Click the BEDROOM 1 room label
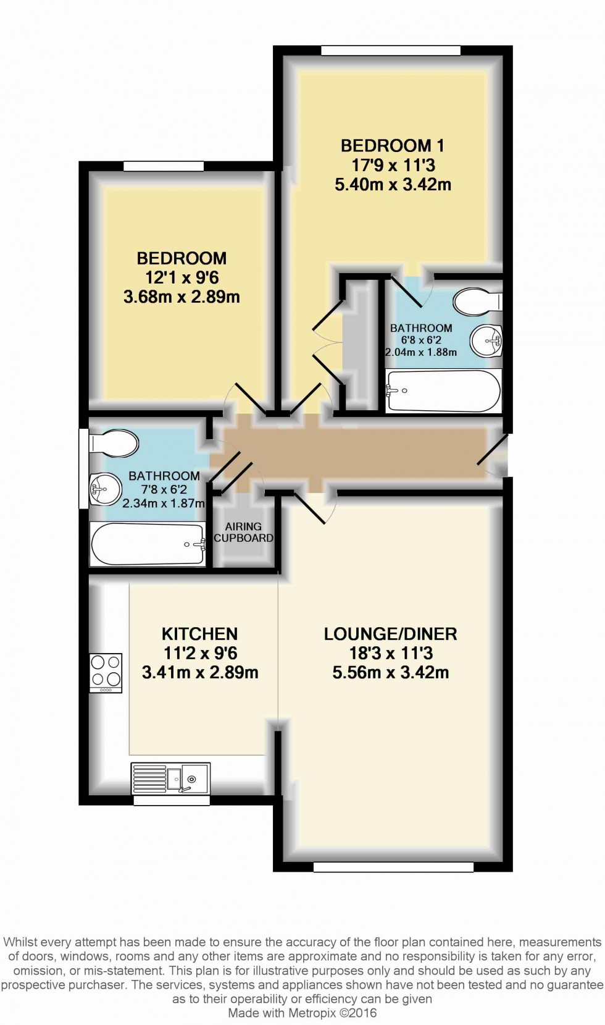click(x=393, y=146)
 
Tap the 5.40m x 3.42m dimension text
click(x=393, y=184)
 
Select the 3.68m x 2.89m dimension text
click(x=181, y=297)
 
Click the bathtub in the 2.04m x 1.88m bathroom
click(x=444, y=391)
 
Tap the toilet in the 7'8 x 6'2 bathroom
click(x=114, y=443)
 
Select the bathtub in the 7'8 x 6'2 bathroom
click(x=148, y=544)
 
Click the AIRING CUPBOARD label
click(x=244, y=532)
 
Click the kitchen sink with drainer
click(x=170, y=777)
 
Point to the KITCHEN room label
click(x=200, y=634)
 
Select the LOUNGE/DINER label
click(x=391, y=634)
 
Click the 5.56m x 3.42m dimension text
click(x=391, y=673)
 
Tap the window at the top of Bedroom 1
click(x=391, y=50)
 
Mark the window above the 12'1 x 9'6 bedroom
click(x=163, y=166)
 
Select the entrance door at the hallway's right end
click(x=493, y=449)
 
